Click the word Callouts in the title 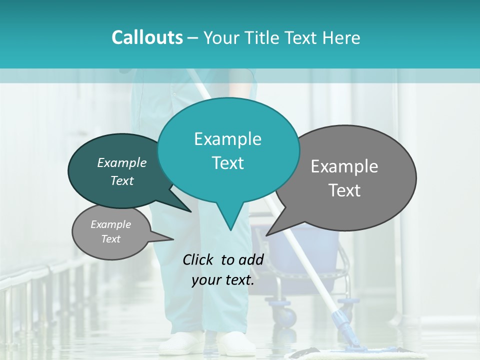147,37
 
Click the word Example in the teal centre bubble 227,139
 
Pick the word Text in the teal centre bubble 227,163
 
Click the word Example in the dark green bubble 121,163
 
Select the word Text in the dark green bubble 121,180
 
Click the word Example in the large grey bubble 344,166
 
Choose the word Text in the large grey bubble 344,190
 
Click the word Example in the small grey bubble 110,224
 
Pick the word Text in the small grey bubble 110,239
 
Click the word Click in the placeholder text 200,259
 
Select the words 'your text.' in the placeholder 223,280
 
